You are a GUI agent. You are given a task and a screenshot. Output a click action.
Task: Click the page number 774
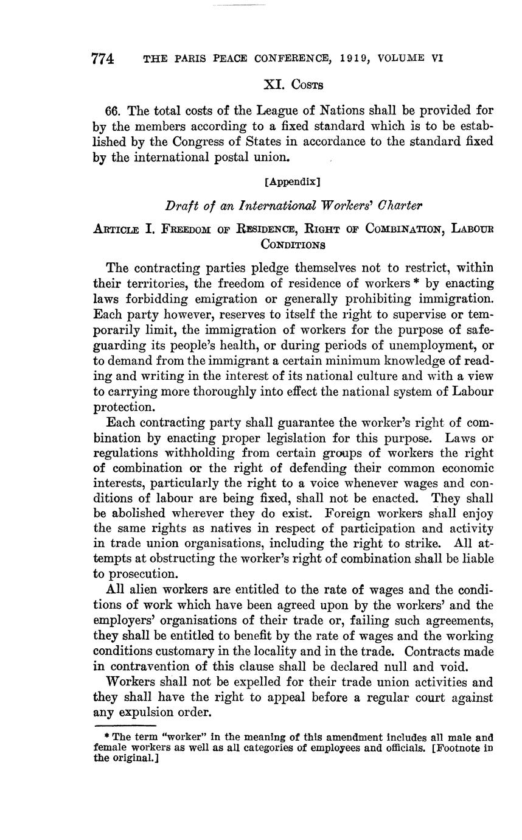click(103, 59)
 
